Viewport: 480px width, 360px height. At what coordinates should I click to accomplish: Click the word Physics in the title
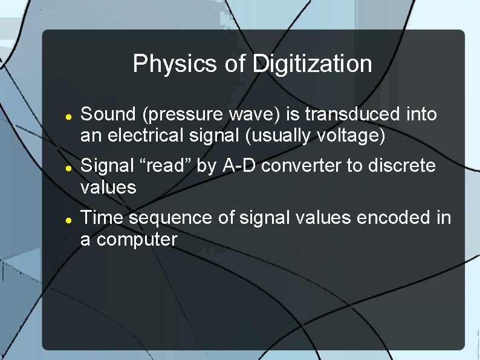170,64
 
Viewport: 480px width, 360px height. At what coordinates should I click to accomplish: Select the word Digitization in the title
312,64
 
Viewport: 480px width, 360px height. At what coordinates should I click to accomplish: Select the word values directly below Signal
108,188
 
